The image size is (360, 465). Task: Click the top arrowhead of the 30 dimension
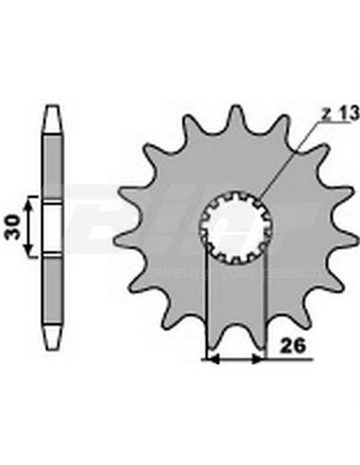[x=33, y=201]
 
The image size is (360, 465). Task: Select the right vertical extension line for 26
[x=267, y=302]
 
